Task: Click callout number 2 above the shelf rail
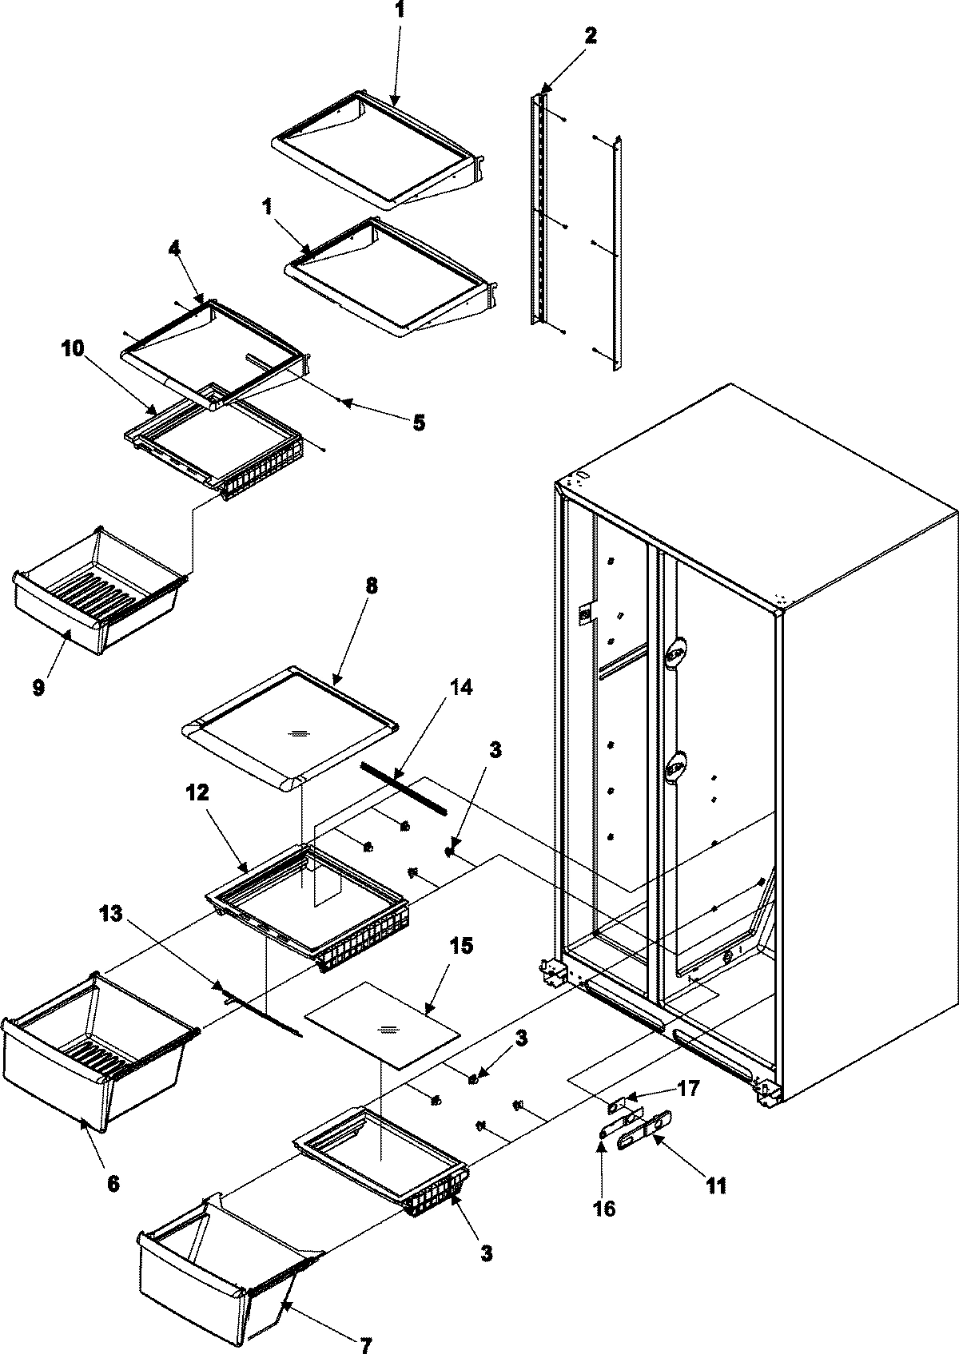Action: (590, 36)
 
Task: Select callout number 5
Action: (419, 423)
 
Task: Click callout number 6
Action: (113, 1184)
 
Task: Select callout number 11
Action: (716, 1185)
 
